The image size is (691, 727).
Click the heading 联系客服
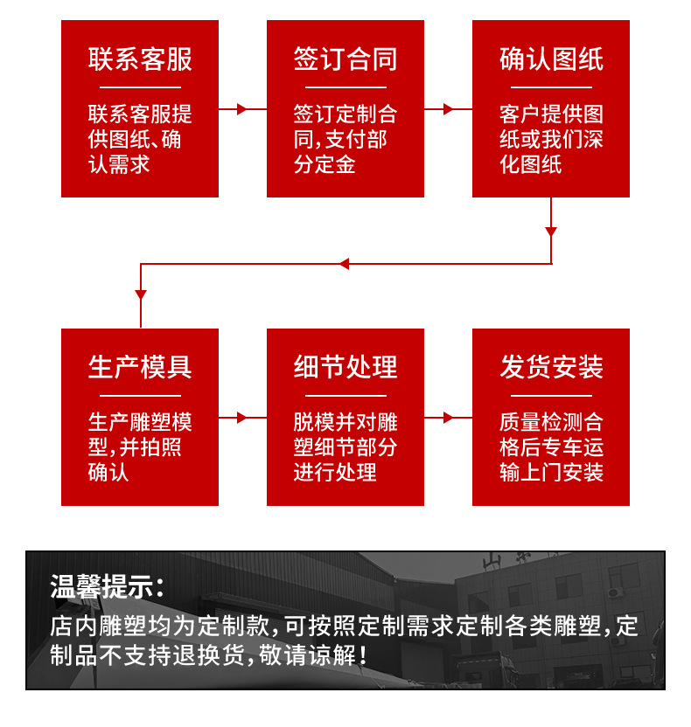pyautogui.click(x=140, y=59)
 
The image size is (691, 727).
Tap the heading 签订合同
pyautogui.click(x=345, y=59)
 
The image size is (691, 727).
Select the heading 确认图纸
pyautogui.click(x=551, y=59)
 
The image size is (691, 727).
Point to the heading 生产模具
pyautogui.click(x=140, y=367)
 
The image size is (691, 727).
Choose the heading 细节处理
pyautogui.click(x=345, y=367)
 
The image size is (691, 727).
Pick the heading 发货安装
pyautogui.click(x=551, y=367)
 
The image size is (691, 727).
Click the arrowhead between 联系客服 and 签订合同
pyautogui.click(x=242, y=109)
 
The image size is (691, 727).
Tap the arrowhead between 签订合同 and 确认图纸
pyautogui.click(x=448, y=109)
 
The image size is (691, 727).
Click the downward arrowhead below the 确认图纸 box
pyautogui.click(x=551, y=232)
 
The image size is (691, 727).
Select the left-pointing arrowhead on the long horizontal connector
pyautogui.click(x=344, y=264)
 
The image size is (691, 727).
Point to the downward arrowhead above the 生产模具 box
pyautogui.click(x=141, y=295)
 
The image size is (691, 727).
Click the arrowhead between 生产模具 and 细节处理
pyautogui.click(x=242, y=418)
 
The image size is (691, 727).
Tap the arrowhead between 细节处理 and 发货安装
pyautogui.click(x=448, y=418)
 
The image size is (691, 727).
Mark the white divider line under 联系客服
pyautogui.click(x=140, y=87)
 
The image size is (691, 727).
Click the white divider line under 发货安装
pyautogui.click(x=551, y=395)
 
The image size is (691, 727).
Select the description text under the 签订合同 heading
pyautogui.click(x=345, y=139)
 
